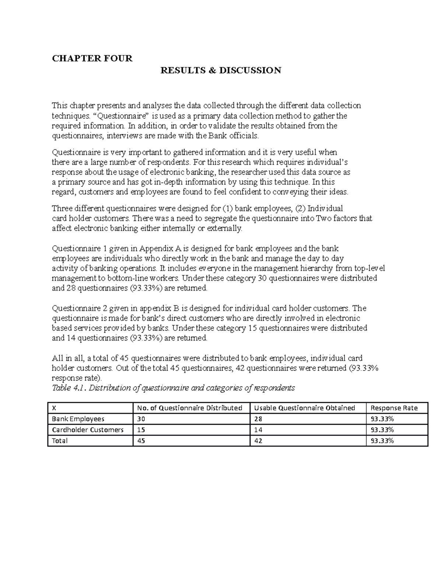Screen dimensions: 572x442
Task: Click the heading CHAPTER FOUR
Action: [x=92, y=59]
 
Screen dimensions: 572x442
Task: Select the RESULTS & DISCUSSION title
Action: [x=221, y=70]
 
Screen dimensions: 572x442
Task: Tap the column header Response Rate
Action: [x=394, y=408]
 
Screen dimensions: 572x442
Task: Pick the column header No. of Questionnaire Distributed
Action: [x=189, y=408]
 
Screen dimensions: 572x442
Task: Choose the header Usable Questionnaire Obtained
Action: [x=305, y=408]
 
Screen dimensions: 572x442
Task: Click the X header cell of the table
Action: [x=54, y=408]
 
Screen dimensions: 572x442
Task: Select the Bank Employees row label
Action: [x=78, y=419]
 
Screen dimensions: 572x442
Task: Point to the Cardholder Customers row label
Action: [x=88, y=430]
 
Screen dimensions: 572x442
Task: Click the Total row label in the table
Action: [x=60, y=441]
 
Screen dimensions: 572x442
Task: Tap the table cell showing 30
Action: [x=141, y=419]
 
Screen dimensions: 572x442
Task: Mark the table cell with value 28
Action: [x=258, y=419]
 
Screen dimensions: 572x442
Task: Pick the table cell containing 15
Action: [x=141, y=430]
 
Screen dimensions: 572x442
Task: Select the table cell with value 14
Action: [x=258, y=430]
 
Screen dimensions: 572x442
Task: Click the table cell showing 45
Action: [x=141, y=441]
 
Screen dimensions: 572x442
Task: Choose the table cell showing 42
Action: [x=258, y=441]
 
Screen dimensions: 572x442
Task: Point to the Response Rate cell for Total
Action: [x=382, y=441]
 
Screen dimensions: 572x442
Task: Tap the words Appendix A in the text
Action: [x=159, y=249]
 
